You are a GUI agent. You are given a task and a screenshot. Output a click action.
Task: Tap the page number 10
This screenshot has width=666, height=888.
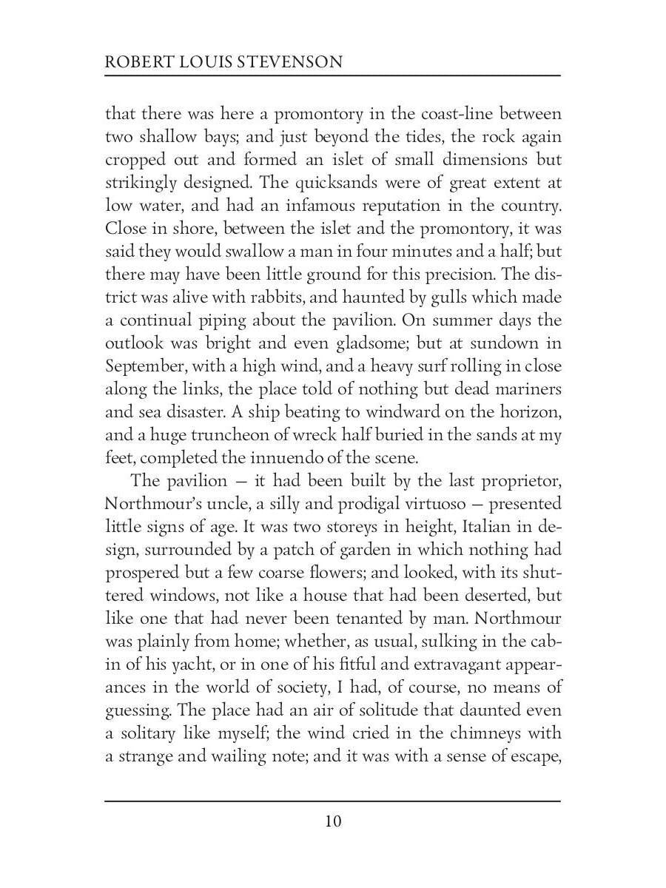pyautogui.click(x=332, y=821)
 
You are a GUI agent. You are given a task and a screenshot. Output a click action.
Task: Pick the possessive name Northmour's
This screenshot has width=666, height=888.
pyautogui.click(x=152, y=504)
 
